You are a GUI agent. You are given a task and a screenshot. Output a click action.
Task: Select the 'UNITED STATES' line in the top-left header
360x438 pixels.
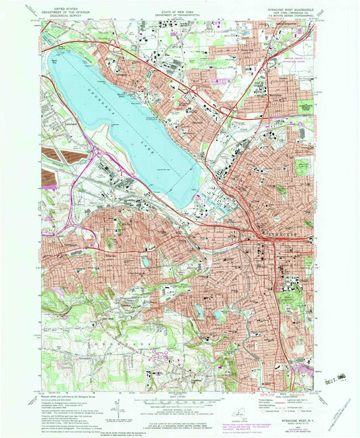[59, 5]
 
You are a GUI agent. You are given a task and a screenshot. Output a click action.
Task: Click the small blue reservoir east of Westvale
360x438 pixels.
[146, 261]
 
